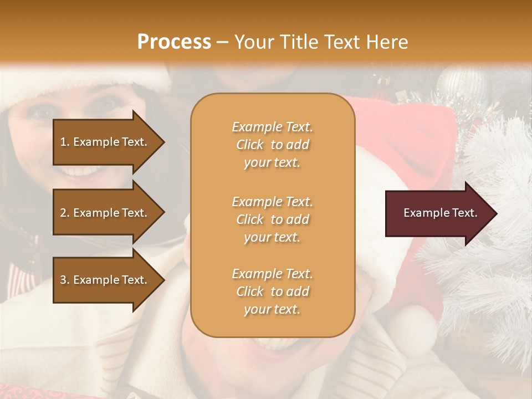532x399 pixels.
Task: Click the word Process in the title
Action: pos(174,42)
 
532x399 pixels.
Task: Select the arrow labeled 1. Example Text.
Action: pos(105,142)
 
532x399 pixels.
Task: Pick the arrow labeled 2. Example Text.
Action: pos(105,213)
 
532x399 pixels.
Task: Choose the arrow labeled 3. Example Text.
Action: pos(105,280)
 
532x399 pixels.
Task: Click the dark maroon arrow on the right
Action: pos(438,213)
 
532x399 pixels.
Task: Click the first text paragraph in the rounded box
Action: pos(272,145)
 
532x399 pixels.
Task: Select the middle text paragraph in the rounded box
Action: pos(272,219)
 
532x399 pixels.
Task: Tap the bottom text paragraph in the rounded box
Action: pos(272,291)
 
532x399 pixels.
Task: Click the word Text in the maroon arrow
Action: pos(463,213)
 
